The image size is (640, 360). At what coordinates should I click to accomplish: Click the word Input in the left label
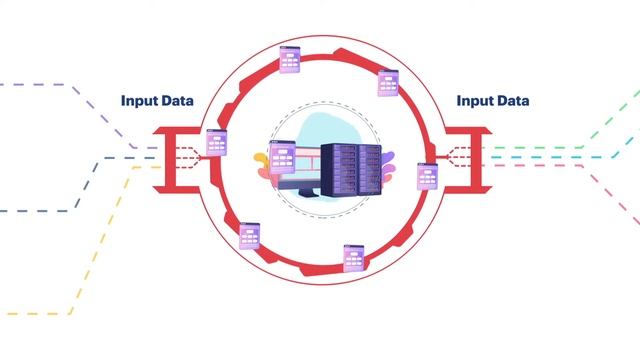pos(139,101)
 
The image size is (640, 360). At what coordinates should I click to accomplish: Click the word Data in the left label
pos(177,101)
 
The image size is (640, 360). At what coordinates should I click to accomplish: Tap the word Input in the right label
pos(474,101)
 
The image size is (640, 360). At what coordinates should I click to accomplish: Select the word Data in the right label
pos(512,101)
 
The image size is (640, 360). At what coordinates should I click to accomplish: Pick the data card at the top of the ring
pos(291,61)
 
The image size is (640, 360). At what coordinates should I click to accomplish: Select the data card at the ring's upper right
pos(389,82)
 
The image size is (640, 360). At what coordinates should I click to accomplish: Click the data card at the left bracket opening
pos(218,143)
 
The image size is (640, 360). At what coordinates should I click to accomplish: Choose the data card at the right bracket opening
pos(427,177)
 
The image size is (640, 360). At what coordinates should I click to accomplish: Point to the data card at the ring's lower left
pos(249,236)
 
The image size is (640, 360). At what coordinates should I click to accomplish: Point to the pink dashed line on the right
pos(610,190)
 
